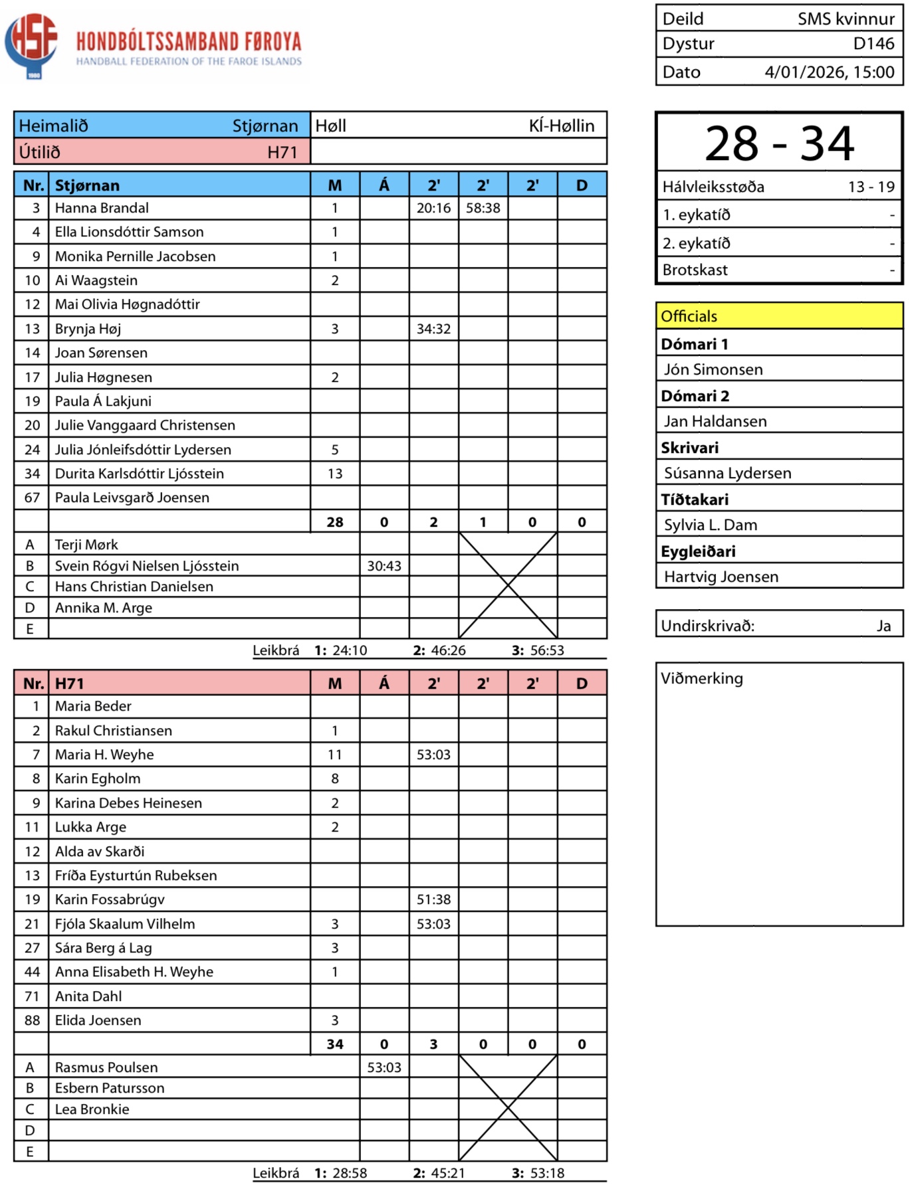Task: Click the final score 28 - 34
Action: point(779,143)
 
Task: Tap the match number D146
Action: point(873,44)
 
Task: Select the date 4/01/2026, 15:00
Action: point(829,72)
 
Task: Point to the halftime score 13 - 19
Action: point(871,187)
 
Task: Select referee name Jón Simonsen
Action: point(713,369)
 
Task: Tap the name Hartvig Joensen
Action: point(721,577)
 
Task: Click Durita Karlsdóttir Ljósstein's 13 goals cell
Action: point(335,474)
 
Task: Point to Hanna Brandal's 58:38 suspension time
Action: point(483,208)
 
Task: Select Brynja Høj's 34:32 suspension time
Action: point(433,329)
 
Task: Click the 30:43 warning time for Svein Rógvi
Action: point(384,566)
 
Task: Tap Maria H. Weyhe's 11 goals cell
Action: point(335,755)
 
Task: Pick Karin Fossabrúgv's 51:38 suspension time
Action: point(433,899)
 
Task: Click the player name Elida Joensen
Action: point(98,1020)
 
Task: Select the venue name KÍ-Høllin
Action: point(561,126)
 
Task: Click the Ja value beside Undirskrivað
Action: point(883,626)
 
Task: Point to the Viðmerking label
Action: point(702,678)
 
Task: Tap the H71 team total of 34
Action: point(335,1044)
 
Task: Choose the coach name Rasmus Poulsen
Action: point(106,1067)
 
